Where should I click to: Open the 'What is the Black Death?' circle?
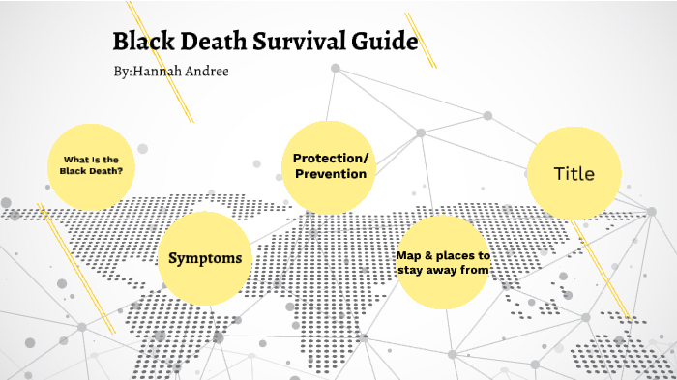pos(91,165)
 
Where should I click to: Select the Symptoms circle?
pos(205,257)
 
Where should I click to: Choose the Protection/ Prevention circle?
pos(330,166)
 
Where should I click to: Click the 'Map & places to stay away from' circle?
pos(444,263)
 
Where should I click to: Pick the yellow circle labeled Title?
pos(574,174)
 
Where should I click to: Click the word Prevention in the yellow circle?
pos(331,175)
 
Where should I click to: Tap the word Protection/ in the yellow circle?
pos(331,158)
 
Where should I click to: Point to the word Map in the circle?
pos(408,255)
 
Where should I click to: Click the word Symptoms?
pos(205,258)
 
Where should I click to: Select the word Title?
pos(574,174)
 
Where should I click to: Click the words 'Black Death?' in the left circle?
pos(91,171)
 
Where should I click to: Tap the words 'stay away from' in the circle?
pos(444,270)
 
